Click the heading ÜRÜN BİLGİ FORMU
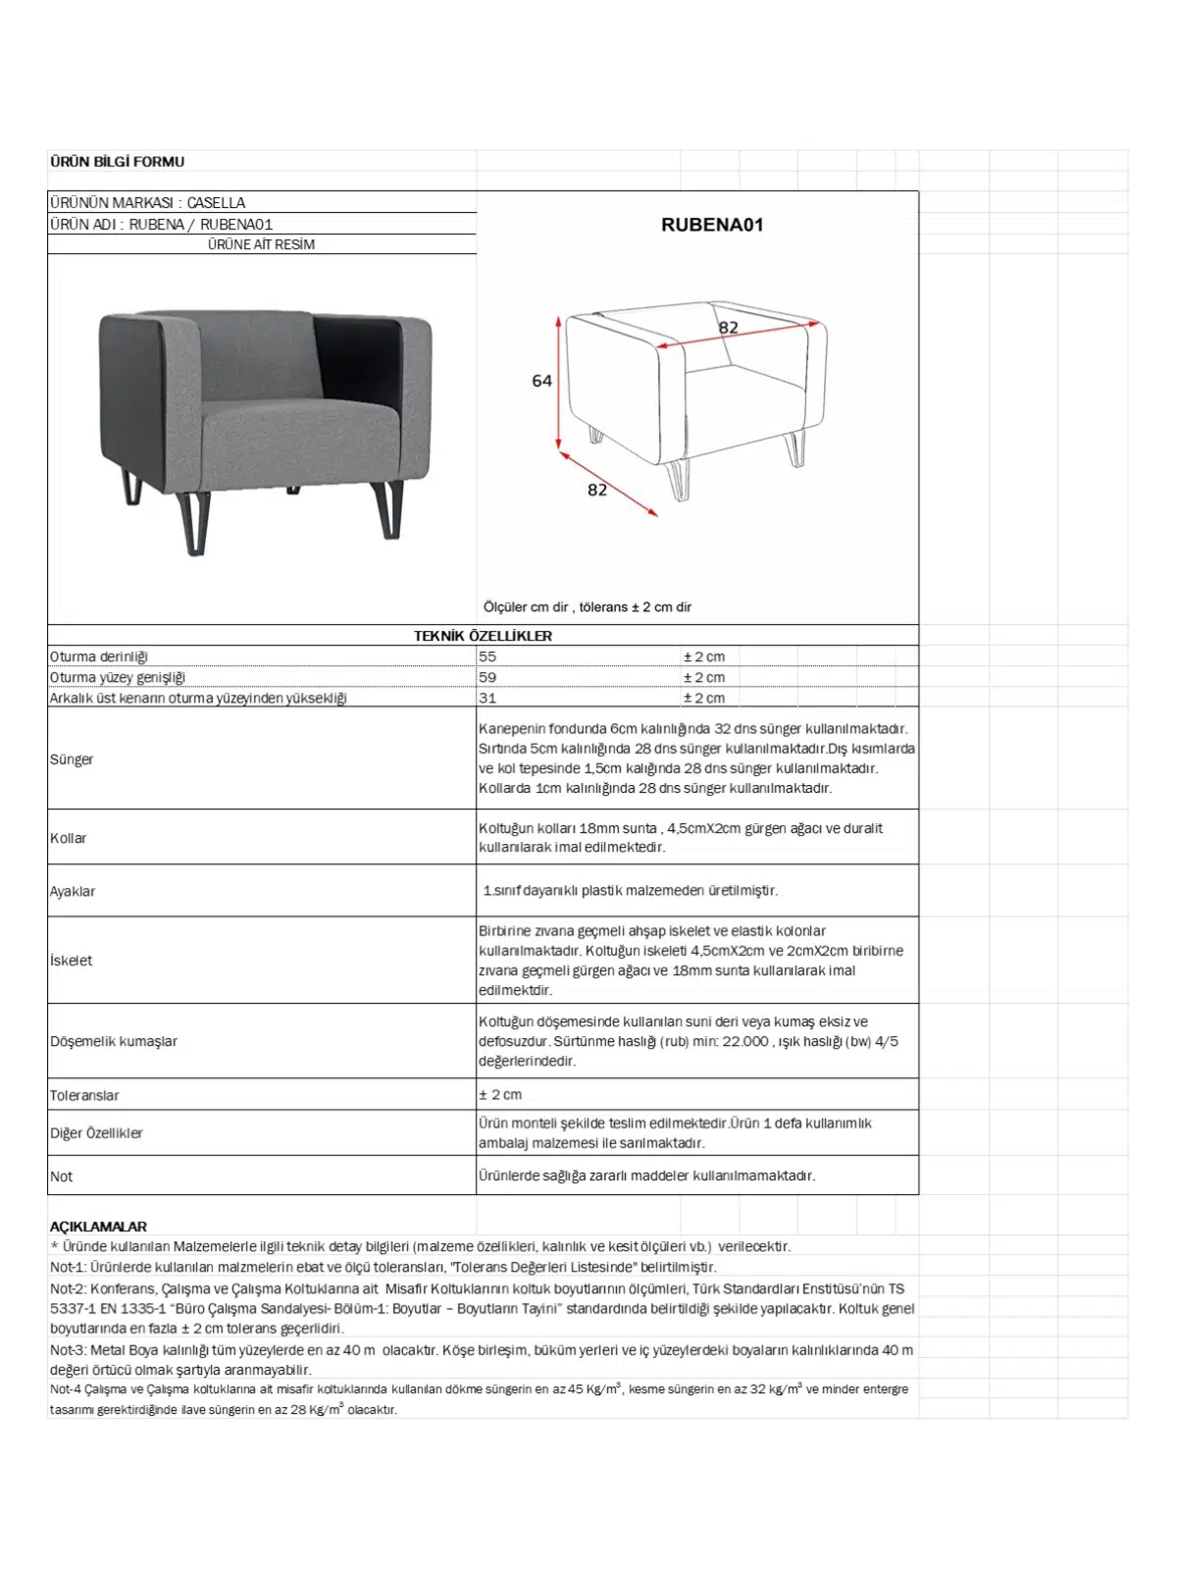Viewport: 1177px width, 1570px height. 117,162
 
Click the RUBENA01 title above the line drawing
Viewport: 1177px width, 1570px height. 712,225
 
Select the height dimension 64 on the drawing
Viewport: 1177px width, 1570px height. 541,381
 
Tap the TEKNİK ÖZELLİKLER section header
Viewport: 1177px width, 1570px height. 483,636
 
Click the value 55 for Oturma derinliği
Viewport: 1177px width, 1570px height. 487,656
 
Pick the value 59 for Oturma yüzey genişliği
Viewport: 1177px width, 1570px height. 487,677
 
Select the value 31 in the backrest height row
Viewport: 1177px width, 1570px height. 487,698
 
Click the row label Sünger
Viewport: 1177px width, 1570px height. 72,759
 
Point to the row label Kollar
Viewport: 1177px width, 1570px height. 68,838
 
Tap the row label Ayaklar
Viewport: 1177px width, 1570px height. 73,892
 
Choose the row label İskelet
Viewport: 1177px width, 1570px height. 71,961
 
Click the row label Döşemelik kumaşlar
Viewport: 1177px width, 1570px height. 114,1041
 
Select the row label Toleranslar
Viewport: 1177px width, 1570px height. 84,1095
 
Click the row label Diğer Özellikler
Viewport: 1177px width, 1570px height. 96,1133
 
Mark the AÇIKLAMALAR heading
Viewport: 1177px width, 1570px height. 98,1227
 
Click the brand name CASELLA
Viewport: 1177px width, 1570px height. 216,203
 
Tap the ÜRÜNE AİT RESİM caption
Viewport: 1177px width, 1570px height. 261,244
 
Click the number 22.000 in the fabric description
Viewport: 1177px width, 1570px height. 745,1041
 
